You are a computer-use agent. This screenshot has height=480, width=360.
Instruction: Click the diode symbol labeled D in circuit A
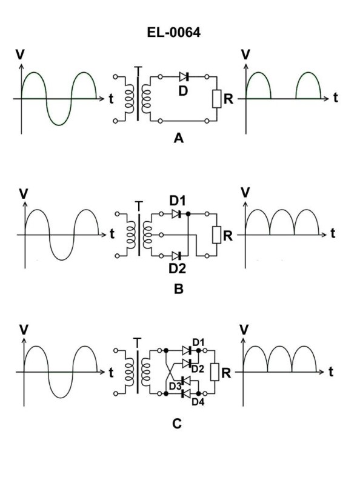tap(184, 77)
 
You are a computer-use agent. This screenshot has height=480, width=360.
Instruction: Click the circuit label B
tap(178, 289)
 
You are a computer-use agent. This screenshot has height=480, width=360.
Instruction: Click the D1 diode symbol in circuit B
tap(176, 215)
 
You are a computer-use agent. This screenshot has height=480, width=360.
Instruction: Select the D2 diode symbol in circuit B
tap(176, 256)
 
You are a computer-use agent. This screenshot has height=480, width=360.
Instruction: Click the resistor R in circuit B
tap(215, 235)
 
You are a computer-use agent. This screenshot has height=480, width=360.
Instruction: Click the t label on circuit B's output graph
tap(333, 233)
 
